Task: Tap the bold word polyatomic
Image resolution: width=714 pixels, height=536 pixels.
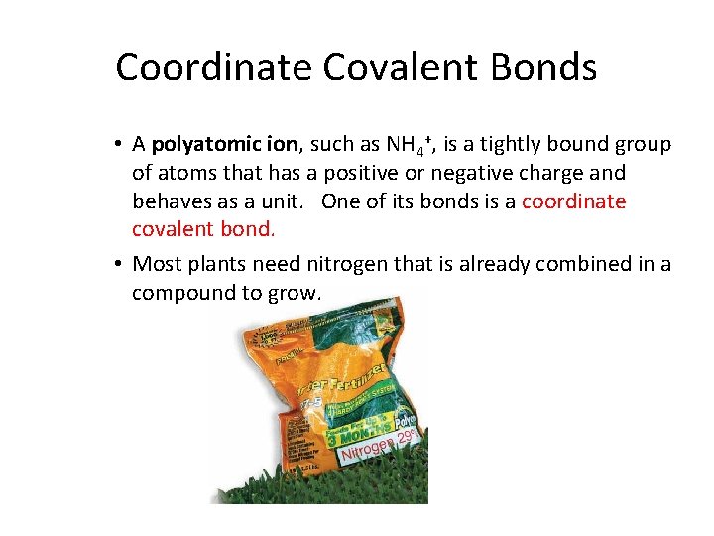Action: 202,145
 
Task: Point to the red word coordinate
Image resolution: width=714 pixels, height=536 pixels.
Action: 573,201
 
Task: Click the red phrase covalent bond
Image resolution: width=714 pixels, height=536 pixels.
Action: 202,229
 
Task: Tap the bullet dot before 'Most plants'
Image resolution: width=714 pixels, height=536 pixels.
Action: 117,264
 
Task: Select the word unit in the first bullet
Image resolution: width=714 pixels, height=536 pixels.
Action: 282,201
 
